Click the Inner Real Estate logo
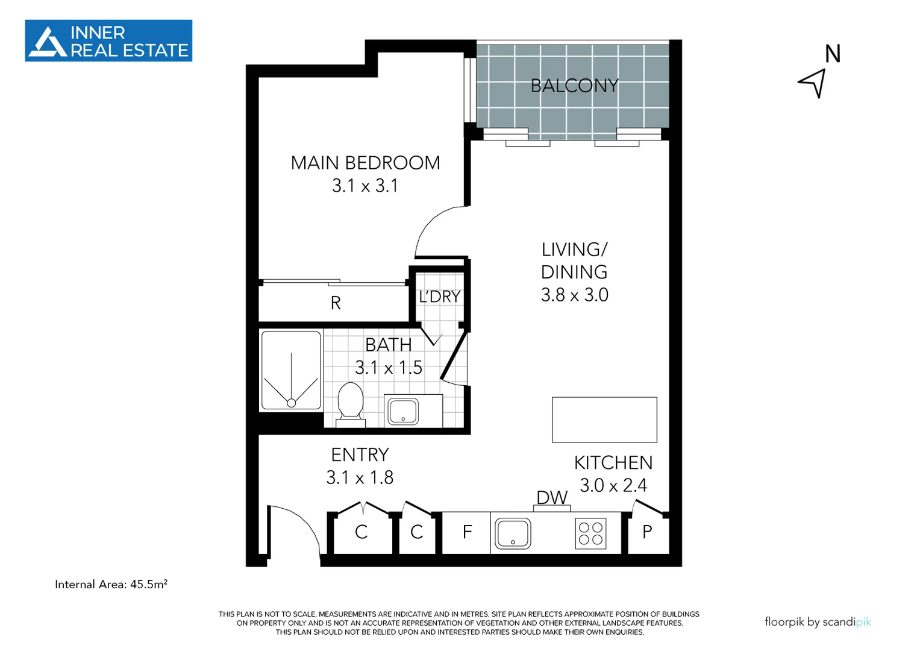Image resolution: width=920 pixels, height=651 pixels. coord(108,41)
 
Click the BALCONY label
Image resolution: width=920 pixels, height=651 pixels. coord(574,86)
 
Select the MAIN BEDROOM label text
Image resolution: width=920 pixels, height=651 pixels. coord(365,163)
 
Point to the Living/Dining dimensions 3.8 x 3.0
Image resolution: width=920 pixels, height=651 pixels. coord(574,295)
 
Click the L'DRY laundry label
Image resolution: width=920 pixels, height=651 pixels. coord(440,297)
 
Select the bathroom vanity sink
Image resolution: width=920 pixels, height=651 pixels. coord(403,411)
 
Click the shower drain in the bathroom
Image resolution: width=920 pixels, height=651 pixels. coord(291,403)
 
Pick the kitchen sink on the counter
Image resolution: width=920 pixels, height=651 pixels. coord(513,533)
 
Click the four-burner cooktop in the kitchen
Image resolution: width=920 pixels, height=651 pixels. coord(590,533)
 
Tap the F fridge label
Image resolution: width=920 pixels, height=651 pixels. coord(468,532)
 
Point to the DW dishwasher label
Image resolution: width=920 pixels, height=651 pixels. coord(552,497)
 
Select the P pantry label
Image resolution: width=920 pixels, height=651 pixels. coord(647,532)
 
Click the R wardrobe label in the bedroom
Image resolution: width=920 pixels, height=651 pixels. coord(336,303)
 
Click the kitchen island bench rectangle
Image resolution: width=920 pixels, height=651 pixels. coord(604,420)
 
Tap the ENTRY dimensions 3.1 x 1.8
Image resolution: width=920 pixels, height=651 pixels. coord(360,477)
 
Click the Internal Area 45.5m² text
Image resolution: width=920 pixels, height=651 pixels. coord(111,584)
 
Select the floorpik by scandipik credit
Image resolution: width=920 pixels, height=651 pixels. coord(818,621)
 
